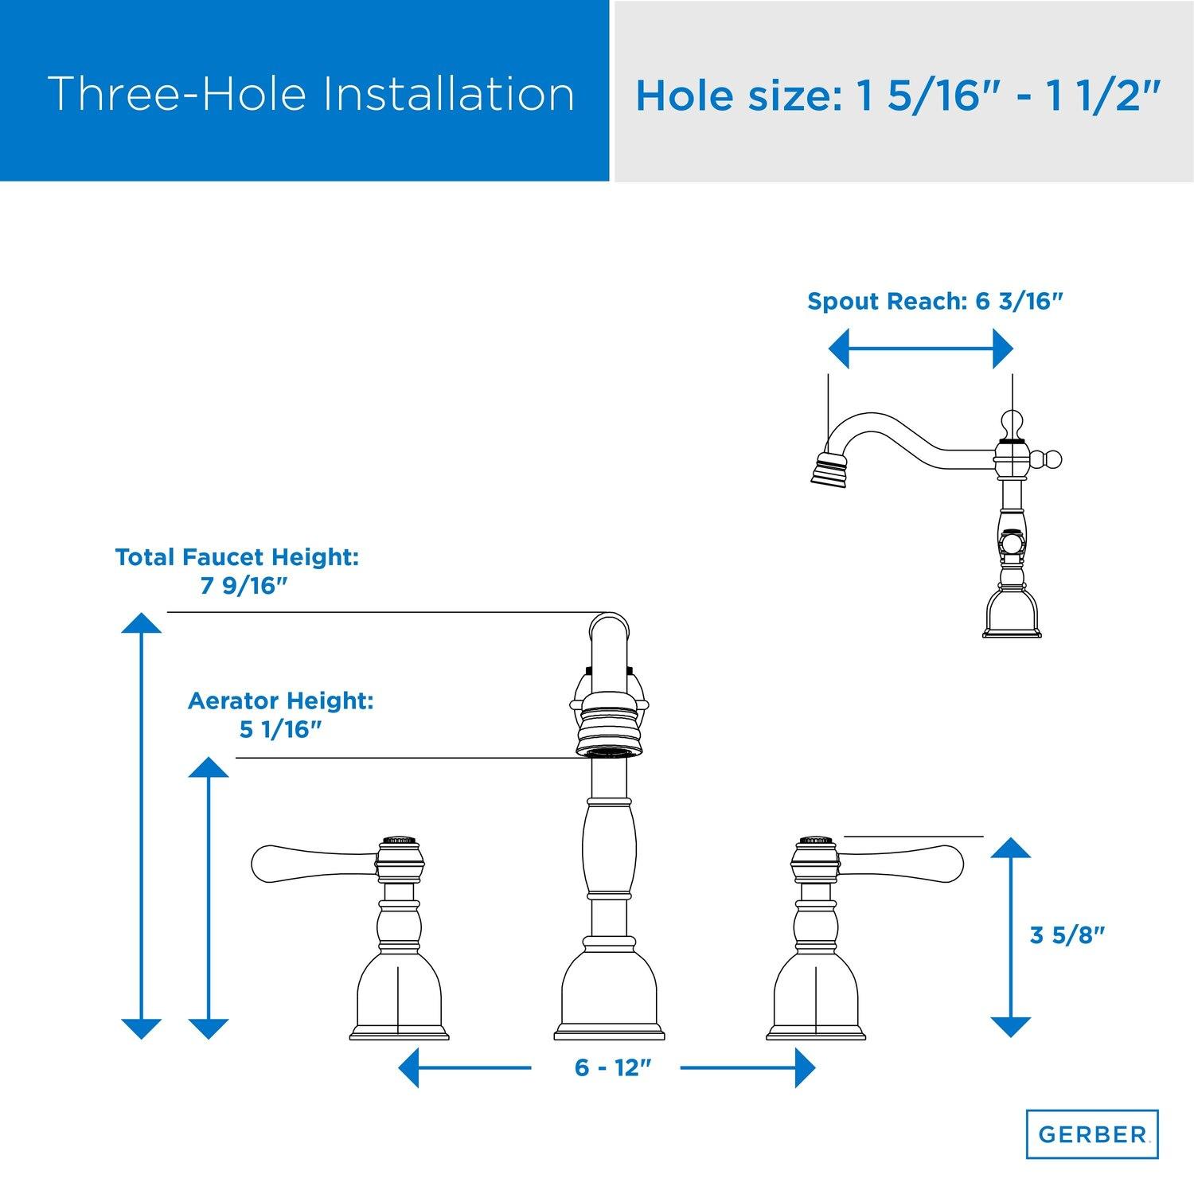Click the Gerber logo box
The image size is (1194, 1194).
pyautogui.click(x=1091, y=1134)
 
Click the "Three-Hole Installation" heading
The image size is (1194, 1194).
pyautogui.click(x=311, y=94)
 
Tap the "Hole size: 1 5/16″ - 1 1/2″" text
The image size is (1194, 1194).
pyautogui.click(x=897, y=95)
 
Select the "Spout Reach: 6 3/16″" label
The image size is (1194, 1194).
pyautogui.click(x=935, y=302)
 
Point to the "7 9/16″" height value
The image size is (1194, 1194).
pyautogui.click(x=243, y=586)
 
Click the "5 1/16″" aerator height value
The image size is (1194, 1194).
pyautogui.click(x=279, y=729)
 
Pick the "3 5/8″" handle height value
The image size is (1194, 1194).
pyautogui.click(x=1068, y=935)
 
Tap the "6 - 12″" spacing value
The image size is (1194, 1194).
pyautogui.click(x=607, y=1067)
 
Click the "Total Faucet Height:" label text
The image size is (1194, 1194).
pyautogui.click(x=237, y=557)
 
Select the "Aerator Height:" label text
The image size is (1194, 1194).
pyautogui.click(x=280, y=701)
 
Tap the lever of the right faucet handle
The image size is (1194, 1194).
pyautogui.click(x=900, y=863)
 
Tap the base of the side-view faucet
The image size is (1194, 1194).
pyautogui.click(x=1012, y=610)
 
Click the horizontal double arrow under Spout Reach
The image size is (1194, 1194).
pyautogui.click(x=921, y=349)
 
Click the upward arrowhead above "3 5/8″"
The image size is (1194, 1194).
pyautogui.click(x=1011, y=847)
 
